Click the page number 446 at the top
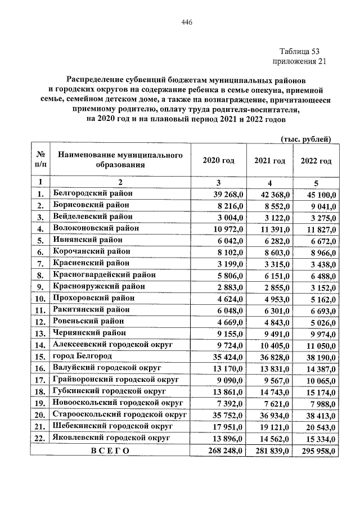(187, 22)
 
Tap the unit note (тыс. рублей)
(305, 139)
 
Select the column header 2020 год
(218, 161)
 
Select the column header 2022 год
(316, 161)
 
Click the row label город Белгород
(82, 356)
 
